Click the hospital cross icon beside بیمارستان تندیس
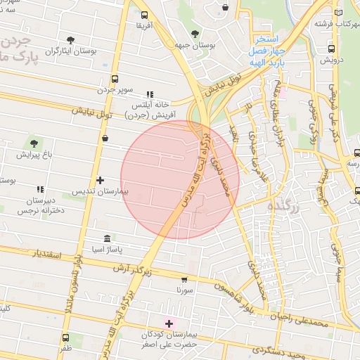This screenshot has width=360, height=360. [101, 181]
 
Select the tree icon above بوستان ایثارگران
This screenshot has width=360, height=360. [70, 40]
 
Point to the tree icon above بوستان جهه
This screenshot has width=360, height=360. [195, 35]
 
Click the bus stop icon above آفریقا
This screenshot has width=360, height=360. [144, 15]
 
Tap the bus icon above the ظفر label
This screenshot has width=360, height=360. [65, 337]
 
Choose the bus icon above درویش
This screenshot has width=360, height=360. [331, 49]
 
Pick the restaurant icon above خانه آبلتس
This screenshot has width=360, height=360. [149, 94]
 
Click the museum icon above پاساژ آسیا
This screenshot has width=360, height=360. [106, 238]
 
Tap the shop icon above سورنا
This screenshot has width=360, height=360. [184, 279]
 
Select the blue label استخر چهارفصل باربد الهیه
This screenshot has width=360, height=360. [267, 50]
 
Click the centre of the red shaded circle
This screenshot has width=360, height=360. [180, 179]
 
